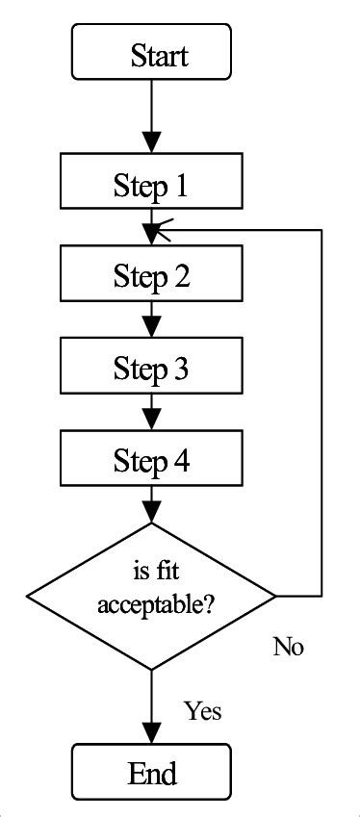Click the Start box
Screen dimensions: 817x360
pos(151,53)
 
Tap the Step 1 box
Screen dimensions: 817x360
pos(151,185)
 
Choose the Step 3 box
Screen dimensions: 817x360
pos(151,368)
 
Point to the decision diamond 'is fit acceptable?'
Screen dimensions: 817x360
pos(151,597)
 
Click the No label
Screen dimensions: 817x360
pos(288,647)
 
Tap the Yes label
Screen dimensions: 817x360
pos(202,711)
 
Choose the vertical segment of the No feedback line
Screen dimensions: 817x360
pos(320,414)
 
